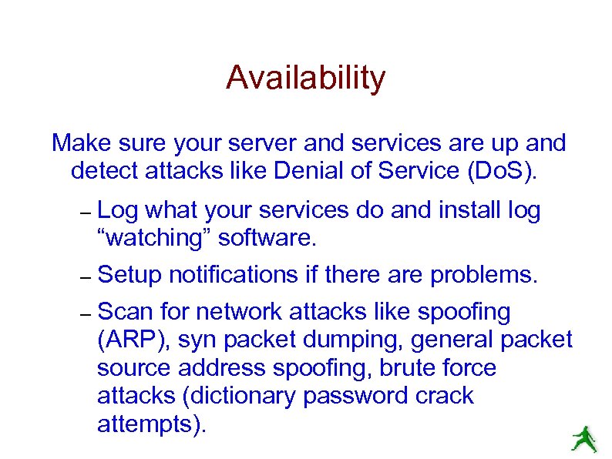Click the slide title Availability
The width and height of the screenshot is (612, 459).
(x=305, y=78)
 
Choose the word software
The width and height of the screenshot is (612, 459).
(x=267, y=238)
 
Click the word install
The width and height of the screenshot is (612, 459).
(x=459, y=210)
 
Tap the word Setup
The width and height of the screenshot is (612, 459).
(x=131, y=274)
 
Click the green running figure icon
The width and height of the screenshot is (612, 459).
(x=584, y=439)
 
